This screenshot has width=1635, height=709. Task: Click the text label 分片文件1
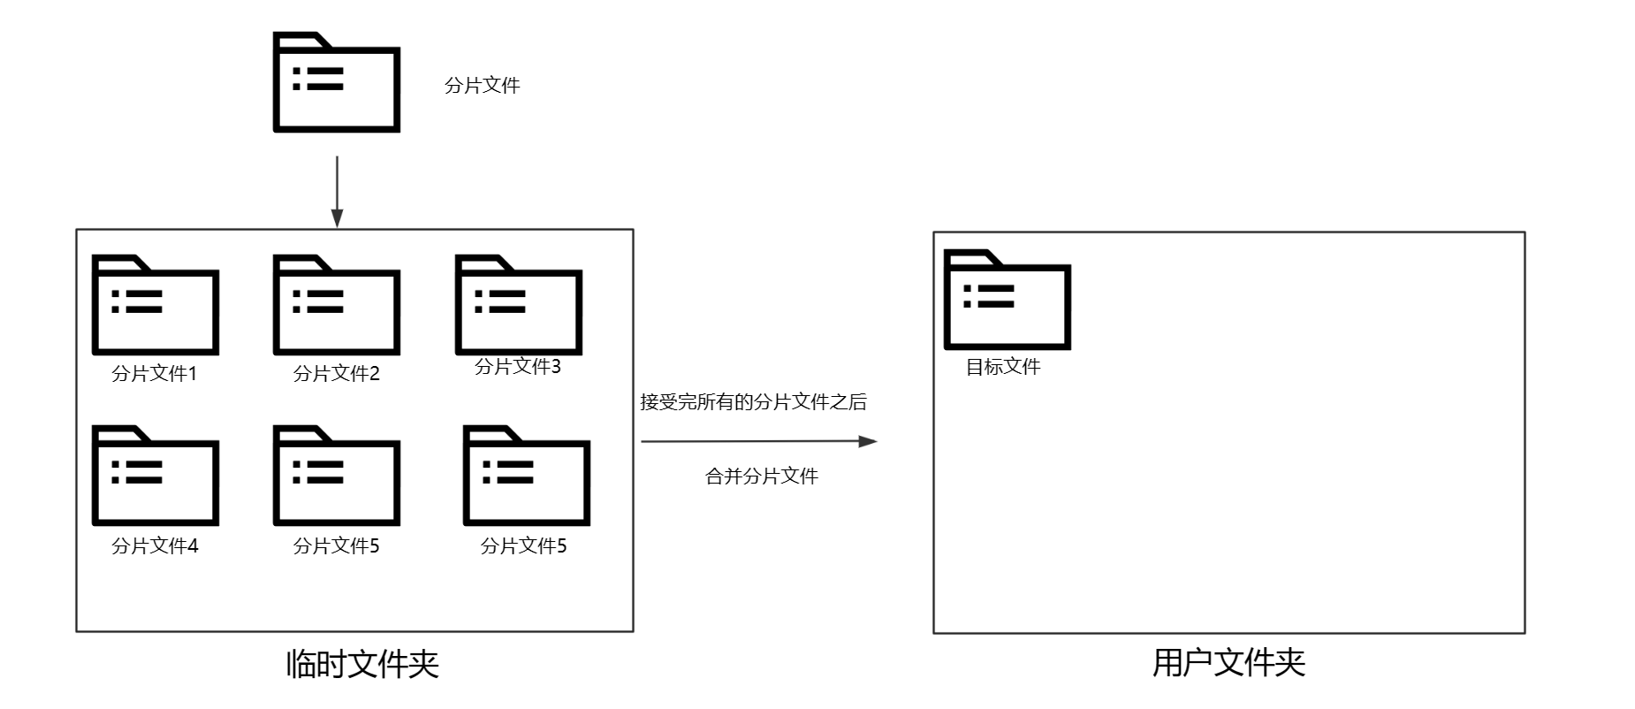pyautogui.click(x=155, y=374)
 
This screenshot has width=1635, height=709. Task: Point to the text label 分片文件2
pyautogui.click(x=337, y=374)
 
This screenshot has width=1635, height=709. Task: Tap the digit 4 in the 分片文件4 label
pyautogui.click(x=193, y=546)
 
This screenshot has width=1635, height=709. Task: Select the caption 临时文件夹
pyautogui.click(x=362, y=664)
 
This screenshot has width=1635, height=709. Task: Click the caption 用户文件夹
pyautogui.click(x=1228, y=663)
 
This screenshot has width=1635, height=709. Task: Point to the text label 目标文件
pyautogui.click(x=1003, y=367)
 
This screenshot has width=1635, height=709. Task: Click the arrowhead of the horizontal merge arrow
pyautogui.click(x=868, y=441)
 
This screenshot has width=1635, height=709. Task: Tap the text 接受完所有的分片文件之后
pyautogui.click(x=754, y=402)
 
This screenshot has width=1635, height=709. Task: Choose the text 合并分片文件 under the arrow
pyautogui.click(x=762, y=476)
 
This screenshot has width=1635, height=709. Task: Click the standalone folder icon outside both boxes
pyautogui.click(x=337, y=83)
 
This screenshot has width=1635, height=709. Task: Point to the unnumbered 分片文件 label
pyautogui.click(x=483, y=86)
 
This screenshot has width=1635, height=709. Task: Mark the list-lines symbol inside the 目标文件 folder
pyautogui.click(x=989, y=296)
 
